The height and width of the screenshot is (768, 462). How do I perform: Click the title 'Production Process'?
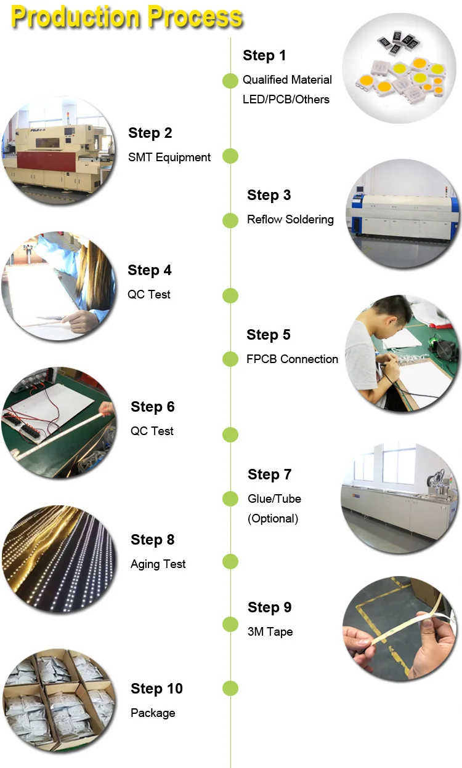click(x=127, y=17)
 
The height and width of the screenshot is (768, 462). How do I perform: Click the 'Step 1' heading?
click(x=264, y=55)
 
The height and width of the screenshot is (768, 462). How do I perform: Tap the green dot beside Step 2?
click(x=230, y=156)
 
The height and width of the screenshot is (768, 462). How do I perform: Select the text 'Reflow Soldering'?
click(x=290, y=220)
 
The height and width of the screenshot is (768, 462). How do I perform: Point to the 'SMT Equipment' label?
click(x=169, y=158)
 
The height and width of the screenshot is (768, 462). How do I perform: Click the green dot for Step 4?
click(x=230, y=295)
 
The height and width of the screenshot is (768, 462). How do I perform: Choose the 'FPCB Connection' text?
click(x=292, y=359)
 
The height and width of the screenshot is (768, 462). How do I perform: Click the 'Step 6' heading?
click(x=153, y=407)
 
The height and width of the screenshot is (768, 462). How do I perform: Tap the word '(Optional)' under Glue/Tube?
click(x=273, y=519)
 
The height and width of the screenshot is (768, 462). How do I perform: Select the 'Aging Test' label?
click(x=158, y=564)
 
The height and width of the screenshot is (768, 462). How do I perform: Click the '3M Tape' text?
click(x=270, y=632)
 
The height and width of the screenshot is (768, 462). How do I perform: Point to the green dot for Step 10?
click(x=230, y=689)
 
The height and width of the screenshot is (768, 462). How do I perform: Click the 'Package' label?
click(x=153, y=713)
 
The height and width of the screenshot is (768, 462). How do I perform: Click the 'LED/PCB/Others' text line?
click(x=286, y=100)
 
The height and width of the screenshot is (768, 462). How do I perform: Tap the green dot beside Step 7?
click(x=230, y=498)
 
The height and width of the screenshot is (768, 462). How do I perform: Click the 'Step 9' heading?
click(x=269, y=607)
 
